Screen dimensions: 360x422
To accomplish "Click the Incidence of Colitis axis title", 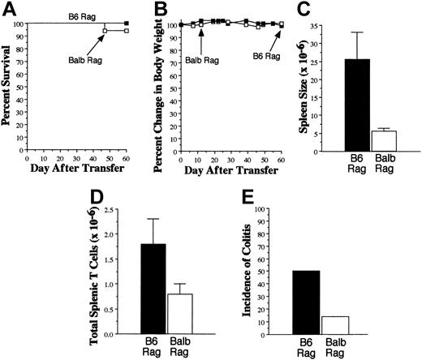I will (258, 272).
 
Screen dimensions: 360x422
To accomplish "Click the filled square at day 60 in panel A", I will (125, 23).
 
